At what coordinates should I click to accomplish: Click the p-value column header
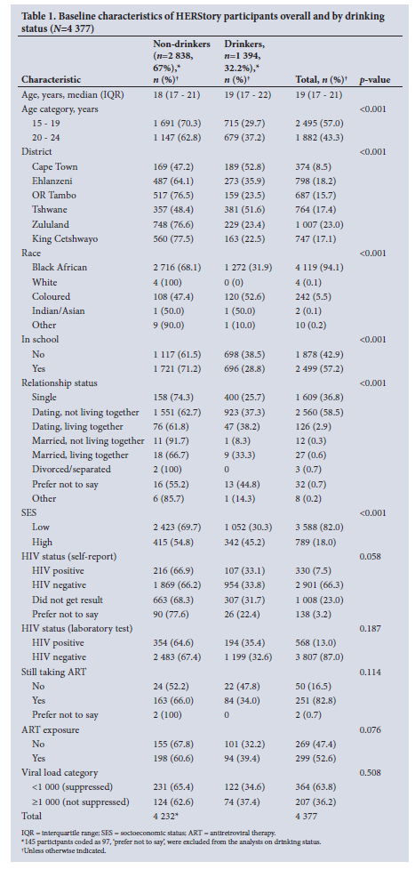[x=375, y=80]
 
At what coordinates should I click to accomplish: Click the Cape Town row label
[x=55, y=166]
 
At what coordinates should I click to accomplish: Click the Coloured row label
[x=51, y=296]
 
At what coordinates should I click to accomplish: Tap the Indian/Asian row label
[x=58, y=310]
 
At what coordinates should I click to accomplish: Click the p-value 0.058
[x=371, y=556]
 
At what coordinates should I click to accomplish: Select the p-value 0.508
[x=371, y=772]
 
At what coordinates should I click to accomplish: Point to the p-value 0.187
[x=371, y=628]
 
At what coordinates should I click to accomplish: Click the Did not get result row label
[x=67, y=600]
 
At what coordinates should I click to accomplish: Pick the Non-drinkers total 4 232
[x=167, y=816]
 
